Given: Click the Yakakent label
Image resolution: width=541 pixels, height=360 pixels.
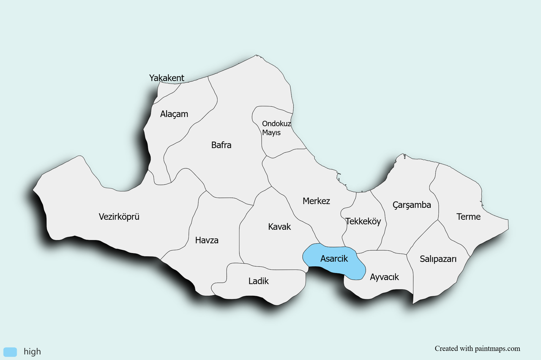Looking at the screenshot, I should [167, 78].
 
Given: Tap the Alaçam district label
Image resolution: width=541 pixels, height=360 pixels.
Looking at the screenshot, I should [174, 114].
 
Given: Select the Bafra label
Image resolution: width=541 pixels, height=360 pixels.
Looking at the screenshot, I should [221, 145].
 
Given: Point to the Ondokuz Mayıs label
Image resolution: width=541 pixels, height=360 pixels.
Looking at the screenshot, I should [276, 128].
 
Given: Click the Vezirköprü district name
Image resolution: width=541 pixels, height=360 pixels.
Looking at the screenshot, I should [119, 217].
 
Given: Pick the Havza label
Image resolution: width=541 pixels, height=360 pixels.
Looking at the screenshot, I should [207, 240].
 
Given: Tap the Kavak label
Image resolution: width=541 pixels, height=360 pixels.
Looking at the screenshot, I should [279, 227].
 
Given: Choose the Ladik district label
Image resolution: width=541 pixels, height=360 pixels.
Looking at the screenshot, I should [259, 281].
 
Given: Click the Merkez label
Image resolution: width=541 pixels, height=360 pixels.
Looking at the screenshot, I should [316, 201].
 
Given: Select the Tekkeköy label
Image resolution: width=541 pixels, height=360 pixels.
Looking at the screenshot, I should [363, 221].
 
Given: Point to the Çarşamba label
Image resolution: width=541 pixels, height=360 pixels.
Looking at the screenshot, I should [412, 205].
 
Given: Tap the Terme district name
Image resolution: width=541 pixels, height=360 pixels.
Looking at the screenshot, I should [468, 217].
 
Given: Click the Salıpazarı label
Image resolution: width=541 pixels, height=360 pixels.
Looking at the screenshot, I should [438, 259].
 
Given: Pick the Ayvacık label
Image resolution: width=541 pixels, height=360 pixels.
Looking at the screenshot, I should [384, 277].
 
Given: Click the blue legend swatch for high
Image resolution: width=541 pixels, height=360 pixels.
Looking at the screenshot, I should [10, 352].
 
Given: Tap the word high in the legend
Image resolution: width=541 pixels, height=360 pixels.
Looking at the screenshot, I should [32, 352].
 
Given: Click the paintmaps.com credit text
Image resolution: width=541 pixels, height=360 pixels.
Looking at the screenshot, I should [477, 349].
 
